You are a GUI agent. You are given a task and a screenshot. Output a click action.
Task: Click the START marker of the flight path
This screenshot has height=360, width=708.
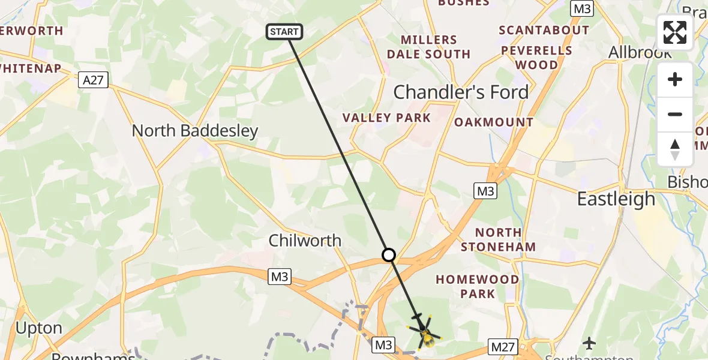click(284, 32)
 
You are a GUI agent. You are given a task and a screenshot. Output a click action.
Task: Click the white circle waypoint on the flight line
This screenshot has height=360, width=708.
click(389, 255)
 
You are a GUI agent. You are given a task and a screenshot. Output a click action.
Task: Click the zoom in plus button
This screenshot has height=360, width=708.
click(675, 80)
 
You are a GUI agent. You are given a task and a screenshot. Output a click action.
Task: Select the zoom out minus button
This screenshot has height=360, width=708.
click(675, 115)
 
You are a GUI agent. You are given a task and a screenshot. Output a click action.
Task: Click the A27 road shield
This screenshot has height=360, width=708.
click(93, 80)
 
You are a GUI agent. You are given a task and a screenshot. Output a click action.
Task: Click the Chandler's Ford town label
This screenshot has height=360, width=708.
click(461, 92)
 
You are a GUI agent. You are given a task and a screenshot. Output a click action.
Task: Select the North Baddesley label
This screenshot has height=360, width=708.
click(195, 131)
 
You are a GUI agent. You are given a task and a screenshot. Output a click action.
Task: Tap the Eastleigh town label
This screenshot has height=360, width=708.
click(616, 199)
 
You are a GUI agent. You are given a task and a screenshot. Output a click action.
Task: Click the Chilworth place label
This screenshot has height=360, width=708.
click(305, 241)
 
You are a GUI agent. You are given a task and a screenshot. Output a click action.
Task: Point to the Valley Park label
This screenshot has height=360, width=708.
click(386, 118)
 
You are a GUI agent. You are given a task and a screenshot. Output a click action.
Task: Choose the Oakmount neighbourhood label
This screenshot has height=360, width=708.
click(494, 122)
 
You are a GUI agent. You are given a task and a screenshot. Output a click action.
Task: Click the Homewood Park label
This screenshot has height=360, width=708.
click(478, 286)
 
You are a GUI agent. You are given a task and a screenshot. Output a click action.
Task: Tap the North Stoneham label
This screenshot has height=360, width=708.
click(498, 239)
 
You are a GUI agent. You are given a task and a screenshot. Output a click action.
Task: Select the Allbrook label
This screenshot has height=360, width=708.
click(640, 52)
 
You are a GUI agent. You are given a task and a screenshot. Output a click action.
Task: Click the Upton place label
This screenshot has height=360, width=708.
click(39, 328)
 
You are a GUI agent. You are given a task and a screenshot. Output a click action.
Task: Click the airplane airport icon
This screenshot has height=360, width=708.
click(589, 343)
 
